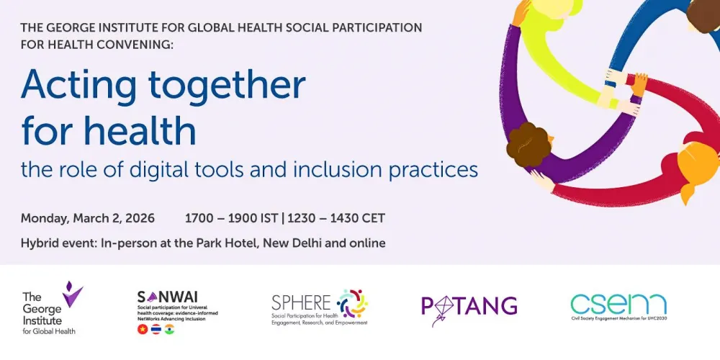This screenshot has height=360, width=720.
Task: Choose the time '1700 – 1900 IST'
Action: [231, 218]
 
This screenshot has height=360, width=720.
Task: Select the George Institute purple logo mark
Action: [72, 294]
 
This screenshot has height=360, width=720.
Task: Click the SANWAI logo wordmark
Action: [167, 297]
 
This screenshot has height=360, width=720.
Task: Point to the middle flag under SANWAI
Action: [156, 329]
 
